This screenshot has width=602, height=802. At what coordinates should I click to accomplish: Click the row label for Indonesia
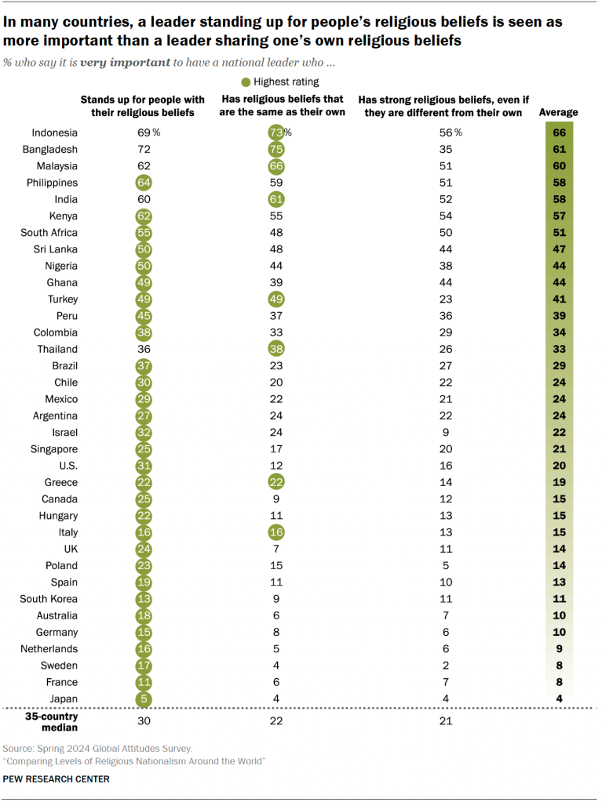pos(54,132)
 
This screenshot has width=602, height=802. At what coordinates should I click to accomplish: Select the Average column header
pos(558,113)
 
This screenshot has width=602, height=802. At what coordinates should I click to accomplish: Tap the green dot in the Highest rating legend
pos(246,82)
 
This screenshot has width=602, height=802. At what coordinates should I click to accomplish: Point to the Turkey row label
pos(62,299)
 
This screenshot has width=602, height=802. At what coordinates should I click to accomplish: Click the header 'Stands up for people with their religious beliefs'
pos(143,107)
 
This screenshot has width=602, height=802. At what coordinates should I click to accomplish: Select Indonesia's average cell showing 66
pos(558,132)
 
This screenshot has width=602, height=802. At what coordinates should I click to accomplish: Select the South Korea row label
pos(50,599)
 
